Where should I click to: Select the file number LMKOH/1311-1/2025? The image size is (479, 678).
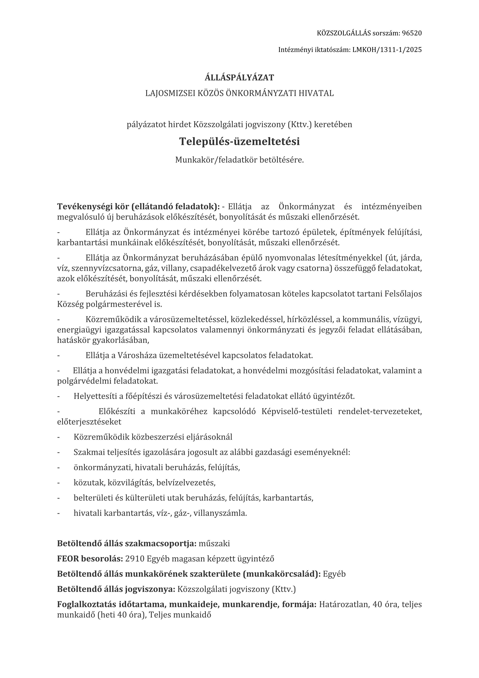click(387, 50)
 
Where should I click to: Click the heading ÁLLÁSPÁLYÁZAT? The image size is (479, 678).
click(239, 78)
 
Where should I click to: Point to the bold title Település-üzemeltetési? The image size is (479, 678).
click(239, 141)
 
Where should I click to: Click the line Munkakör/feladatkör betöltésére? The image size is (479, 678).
click(239, 160)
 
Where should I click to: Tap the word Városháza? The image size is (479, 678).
click(138, 355)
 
